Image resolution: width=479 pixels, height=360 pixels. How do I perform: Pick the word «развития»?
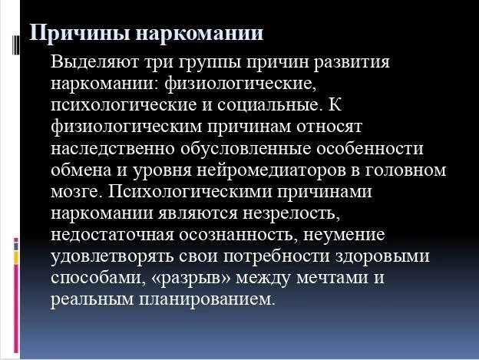click(x=352, y=63)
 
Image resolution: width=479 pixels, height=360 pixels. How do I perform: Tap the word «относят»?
click(x=329, y=127)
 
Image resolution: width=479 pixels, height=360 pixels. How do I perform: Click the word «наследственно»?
click(x=113, y=149)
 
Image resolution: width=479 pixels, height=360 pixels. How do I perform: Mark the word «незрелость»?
click(x=291, y=213)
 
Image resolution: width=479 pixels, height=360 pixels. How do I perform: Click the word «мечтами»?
click(x=332, y=279)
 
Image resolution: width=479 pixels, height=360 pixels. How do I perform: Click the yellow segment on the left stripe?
click(x=16, y=258)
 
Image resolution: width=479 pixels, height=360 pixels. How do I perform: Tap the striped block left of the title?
click(x=16, y=45)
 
